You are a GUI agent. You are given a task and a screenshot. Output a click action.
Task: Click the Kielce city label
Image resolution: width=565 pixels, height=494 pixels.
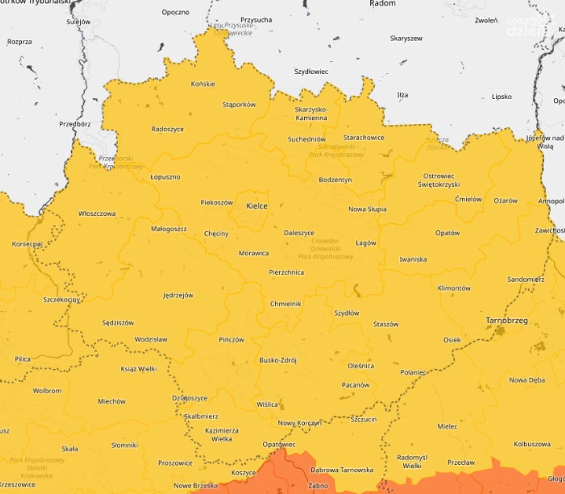(x=257, y=206)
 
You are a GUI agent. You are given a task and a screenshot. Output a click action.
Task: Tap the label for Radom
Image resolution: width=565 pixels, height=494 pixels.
(x=383, y=3)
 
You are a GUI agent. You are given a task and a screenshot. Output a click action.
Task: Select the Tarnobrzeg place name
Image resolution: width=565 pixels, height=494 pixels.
(x=506, y=321)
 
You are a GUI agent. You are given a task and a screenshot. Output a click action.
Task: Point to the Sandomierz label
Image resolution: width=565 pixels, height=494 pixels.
(x=525, y=280)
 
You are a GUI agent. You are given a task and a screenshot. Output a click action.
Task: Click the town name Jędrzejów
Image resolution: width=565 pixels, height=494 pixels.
(x=178, y=296)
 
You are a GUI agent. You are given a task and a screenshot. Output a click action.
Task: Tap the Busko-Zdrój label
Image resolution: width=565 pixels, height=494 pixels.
(x=278, y=360)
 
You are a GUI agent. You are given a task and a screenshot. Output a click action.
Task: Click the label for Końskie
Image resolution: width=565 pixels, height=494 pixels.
(x=203, y=84)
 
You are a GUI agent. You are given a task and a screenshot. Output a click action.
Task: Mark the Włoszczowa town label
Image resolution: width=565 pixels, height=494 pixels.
(x=97, y=214)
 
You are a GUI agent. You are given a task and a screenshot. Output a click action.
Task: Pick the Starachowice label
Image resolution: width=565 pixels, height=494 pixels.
(x=364, y=138)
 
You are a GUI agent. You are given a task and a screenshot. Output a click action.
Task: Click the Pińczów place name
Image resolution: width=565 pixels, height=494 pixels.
(x=231, y=340)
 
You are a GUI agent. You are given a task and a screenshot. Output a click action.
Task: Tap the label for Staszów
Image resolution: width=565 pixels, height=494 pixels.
(x=386, y=324)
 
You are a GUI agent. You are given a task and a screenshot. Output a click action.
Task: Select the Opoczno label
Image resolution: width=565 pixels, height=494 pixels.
(x=175, y=12)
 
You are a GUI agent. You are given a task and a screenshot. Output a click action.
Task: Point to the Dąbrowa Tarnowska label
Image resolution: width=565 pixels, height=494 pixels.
(x=342, y=470)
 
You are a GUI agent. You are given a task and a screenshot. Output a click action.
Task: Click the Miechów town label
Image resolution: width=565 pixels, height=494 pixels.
(x=112, y=401)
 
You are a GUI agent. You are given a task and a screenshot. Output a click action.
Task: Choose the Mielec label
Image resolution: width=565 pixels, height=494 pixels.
(x=447, y=426)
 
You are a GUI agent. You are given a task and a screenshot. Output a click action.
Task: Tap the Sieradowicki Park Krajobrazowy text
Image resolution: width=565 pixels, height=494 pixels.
(x=337, y=151)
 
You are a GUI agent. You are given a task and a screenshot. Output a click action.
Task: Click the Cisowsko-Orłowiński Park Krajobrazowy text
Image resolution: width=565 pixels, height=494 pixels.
(x=326, y=249)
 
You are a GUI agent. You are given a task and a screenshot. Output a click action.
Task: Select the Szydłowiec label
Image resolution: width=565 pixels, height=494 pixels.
(x=311, y=72)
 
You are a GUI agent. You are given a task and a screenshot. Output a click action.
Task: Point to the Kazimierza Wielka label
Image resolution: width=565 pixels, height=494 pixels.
(x=222, y=435)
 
